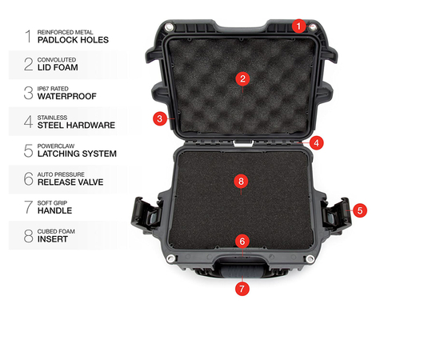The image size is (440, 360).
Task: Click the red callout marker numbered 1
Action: (x=298, y=26)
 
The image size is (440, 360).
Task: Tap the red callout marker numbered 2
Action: (x=242, y=78)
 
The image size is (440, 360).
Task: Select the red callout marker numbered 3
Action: (x=160, y=118)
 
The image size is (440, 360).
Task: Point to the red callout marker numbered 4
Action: (x=317, y=144)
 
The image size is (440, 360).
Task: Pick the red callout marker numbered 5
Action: (x=360, y=210)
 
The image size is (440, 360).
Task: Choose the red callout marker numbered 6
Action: (x=242, y=240)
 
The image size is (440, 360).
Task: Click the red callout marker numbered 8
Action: (x=242, y=181)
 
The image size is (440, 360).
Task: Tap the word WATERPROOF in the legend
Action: (x=66, y=97)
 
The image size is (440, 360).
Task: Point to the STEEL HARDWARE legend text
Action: (x=76, y=125)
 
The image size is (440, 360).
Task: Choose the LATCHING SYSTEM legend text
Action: (x=77, y=153)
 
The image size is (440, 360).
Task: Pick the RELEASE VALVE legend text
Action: (x=70, y=182)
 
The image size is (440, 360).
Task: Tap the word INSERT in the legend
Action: (x=52, y=239)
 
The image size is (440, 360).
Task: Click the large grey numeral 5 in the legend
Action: (x=28, y=150)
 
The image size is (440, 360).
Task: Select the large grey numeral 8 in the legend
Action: (x=28, y=235)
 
